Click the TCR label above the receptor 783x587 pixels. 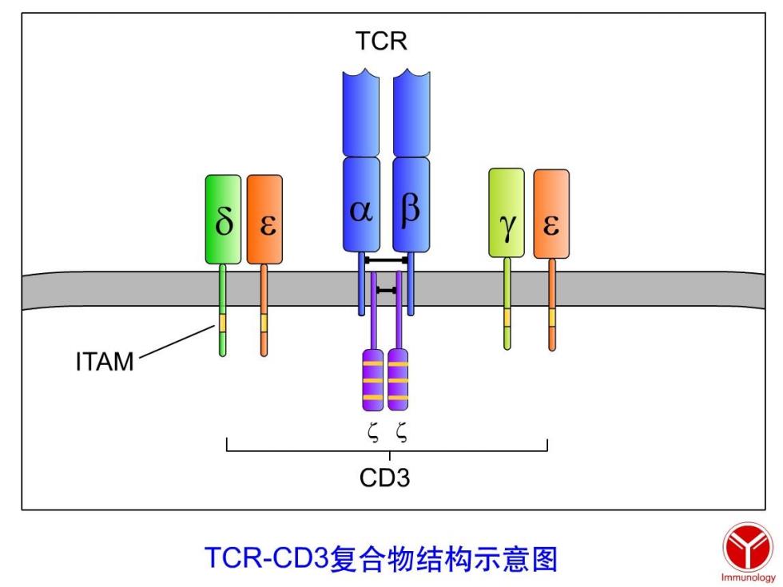coord(382,41)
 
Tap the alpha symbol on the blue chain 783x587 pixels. coord(361,211)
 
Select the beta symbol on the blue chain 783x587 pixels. coord(411,208)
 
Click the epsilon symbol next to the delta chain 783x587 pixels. coord(268,225)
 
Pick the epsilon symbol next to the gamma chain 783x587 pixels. coord(550,224)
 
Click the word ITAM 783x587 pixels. coord(105,361)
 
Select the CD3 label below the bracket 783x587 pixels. coord(384,478)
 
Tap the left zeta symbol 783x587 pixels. coord(373,432)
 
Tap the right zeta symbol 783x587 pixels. coord(401,432)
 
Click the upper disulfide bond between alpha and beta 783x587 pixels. coord(387,260)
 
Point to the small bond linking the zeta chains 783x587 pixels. coord(387,290)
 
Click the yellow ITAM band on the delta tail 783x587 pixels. coord(222,323)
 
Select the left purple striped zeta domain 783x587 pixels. coord(373,380)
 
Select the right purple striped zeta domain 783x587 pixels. coord(398,380)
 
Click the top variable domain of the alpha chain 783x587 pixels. coord(360,113)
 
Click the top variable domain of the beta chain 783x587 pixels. coord(411,113)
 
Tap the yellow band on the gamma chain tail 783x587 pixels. coord(507,318)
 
